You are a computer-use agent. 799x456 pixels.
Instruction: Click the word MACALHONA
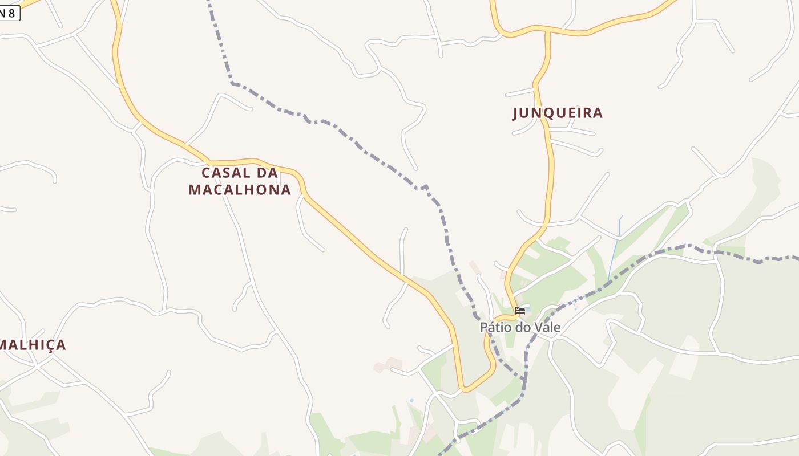click(x=240, y=189)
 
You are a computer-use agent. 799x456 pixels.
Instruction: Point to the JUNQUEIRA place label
click(x=558, y=113)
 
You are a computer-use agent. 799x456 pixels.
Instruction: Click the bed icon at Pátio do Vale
click(x=520, y=311)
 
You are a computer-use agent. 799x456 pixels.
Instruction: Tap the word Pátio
click(x=494, y=327)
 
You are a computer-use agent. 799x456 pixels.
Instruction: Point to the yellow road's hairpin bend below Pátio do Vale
click(x=466, y=389)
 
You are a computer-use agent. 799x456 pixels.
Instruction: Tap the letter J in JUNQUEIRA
click(x=516, y=113)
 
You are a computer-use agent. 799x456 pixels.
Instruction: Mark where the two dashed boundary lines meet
click(x=525, y=379)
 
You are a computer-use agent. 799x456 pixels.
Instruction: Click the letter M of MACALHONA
click(x=194, y=189)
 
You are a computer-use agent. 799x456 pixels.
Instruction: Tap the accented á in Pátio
click(x=490, y=327)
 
